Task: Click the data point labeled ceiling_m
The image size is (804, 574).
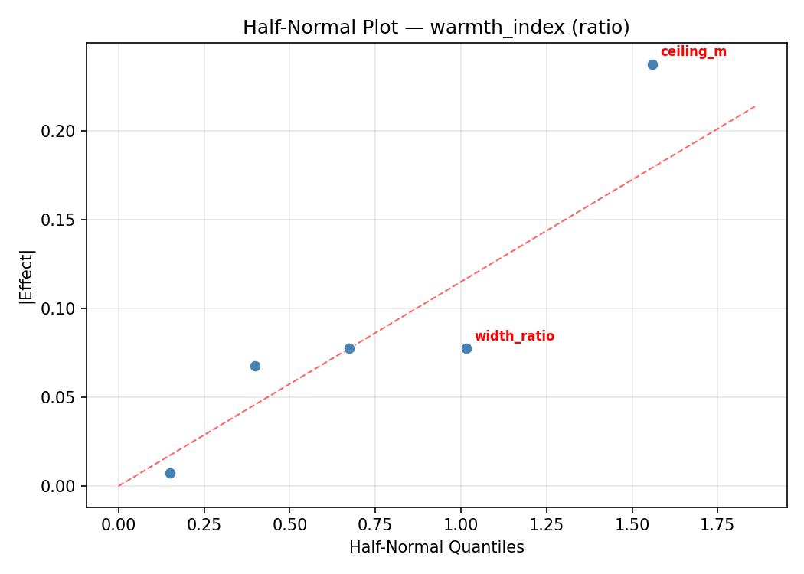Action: point(652,64)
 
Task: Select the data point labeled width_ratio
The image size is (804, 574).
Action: point(466,348)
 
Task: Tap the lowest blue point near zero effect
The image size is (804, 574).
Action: point(170,473)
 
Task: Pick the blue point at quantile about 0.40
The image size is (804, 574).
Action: point(255,366)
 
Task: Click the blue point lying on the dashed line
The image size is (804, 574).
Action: point(349,348)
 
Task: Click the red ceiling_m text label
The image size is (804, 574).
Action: point(693,52)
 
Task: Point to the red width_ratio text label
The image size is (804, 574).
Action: point(514,336)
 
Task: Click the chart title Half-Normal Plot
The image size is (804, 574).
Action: point(436,28)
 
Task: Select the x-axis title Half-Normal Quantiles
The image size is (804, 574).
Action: point(436,547)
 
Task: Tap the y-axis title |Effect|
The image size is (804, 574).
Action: point(27,276)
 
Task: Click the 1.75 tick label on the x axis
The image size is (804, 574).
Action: point(717,524)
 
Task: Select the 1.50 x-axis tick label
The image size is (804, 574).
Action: point(632,524)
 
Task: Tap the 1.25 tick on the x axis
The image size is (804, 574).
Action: point(546,524)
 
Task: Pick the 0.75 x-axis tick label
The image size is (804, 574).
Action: point(375,524)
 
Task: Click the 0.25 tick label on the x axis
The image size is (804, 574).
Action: point(204,524)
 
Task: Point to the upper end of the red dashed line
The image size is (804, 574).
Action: point(755,106)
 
